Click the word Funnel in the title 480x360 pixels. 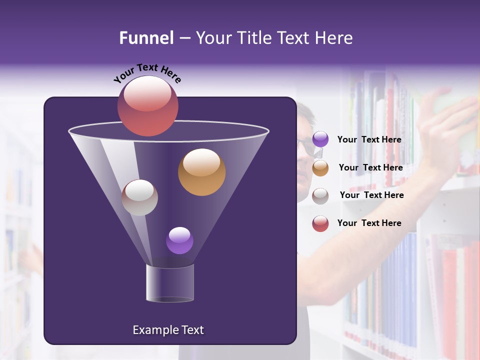pyautogui.click(x=146, y=38)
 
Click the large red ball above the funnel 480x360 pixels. pyautogui.click(x=147, y=106)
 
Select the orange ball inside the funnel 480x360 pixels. pyautogui.click(x=201, y=172)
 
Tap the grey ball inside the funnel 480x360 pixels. pyautogui.click(x=139, y=197)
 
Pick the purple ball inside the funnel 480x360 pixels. pyautogui.click(x=179, y=240)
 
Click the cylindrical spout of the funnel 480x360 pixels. pyautogui.click(x=170, y=283)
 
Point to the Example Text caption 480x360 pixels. pyautogui.click(x=168, y=330)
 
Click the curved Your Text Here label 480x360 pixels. pyautogui.click(x=147, y=73)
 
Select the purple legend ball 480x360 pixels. pyautogui.click(x=320, y=139)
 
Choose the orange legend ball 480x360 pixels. pyautogui.click(x=320, y=168)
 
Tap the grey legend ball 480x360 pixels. pyautogui.click(x=320, y=196)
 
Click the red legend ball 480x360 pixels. pyautogui.click(x=320, y=223)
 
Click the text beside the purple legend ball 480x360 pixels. pyautogui.click(x=369, y=140)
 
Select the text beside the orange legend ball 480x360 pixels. pyautogui.click(x=370, y=168)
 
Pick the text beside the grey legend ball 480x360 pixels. pyautogui.click(x=371, y=195)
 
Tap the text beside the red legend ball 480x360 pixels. pyautogui.click(x=369, y=223)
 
